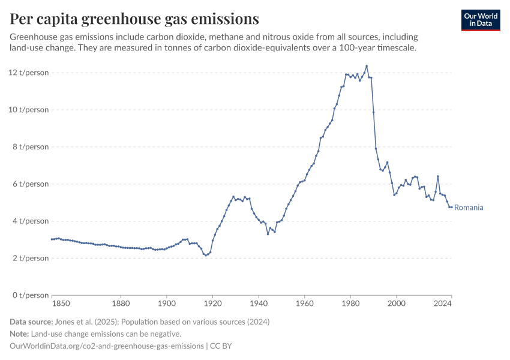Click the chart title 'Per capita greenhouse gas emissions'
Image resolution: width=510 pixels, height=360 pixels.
click(x=134, y=19)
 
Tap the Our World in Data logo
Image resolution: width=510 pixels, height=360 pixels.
click(x=481, y=20)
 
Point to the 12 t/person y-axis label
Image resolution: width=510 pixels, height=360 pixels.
click(x=29, y=73)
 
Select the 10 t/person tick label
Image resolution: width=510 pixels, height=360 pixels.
click(x=29, y=110)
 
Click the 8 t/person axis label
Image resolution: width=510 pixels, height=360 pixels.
click(x=31, y=147)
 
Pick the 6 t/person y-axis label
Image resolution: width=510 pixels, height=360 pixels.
click(x=31, y=184)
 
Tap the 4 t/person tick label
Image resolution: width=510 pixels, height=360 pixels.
click(x=31, y=221)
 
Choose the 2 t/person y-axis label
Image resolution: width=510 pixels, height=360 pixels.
click(x=31, y=258)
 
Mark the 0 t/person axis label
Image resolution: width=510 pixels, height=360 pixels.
click(x=31, y=295)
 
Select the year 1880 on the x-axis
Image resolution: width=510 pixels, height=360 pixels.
click(x=121, y=304)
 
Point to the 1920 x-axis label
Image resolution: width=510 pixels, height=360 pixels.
click(x=212, y=304)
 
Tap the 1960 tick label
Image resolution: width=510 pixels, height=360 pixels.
click(x=304, y=304)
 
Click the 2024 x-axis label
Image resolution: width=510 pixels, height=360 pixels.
click(x=443, y=304)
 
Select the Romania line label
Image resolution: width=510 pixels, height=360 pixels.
click(x=469, y=208)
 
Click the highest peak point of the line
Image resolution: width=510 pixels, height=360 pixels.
click(x=367, y=66)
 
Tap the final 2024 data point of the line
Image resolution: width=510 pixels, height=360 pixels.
click(x=451, y=207)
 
